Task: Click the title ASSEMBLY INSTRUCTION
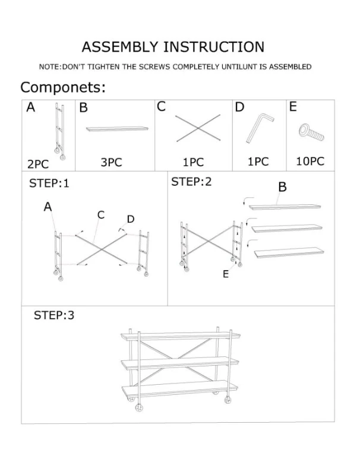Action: (173, 47)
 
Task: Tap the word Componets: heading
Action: (63, 88)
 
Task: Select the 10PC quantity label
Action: (310, 161)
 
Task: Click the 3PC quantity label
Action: (110, 162)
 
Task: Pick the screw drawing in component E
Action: (311, 132)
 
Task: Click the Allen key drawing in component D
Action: (259, 128)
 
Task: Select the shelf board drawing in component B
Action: (116, 128)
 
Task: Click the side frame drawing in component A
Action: (59, 129)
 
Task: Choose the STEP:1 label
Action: (49, 183)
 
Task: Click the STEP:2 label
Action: (191, 182)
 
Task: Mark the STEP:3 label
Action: (54, 315)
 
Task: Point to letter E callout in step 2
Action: (225, 274)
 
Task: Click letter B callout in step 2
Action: (282, 187)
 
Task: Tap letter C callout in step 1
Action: (101, 215)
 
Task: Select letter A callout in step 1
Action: (48, 207)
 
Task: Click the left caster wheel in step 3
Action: (140, 408)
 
